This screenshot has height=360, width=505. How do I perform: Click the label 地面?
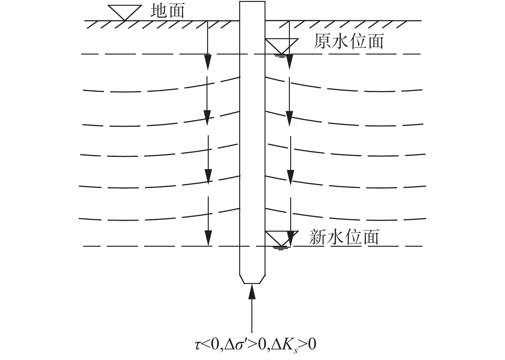(x=167, y=11)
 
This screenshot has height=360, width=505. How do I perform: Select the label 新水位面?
(x=344, y=237)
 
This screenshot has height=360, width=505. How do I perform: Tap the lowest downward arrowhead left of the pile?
(x=208, y=238)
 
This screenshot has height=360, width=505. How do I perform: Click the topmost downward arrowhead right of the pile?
(x=290, y=61)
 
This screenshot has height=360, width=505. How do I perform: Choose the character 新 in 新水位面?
(x=317, y=237)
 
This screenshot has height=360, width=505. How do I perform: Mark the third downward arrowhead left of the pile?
(x=208, y=176)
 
